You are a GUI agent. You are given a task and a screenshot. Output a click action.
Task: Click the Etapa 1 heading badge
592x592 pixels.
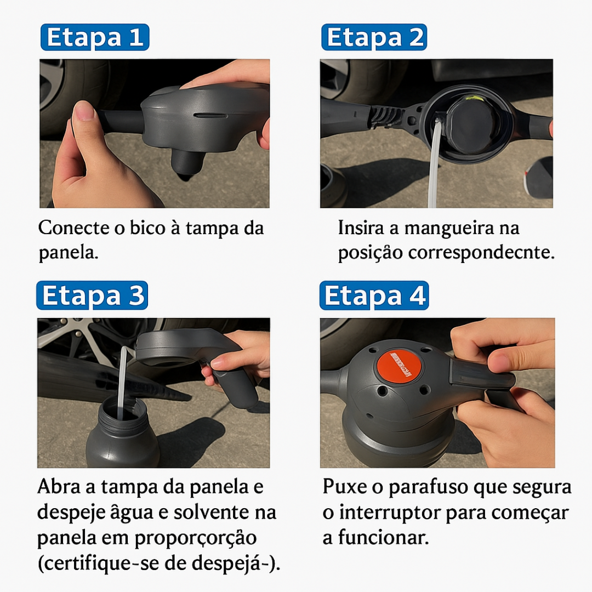pyautogui.click(x=94, y=37)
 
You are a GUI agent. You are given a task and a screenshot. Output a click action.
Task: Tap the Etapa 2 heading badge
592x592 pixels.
pyautogui.click(x=374, y=37)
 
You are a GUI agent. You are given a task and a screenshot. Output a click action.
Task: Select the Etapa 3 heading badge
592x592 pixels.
pyautogui.click(x=92, y=295)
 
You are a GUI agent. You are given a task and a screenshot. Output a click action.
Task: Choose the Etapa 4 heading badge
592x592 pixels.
pyautogui.click(x=374, y=295)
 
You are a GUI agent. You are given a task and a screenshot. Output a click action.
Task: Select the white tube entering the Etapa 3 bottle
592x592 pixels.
pyautogui.click(x=121, y=378)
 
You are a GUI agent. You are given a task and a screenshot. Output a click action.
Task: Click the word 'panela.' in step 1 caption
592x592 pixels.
pyautogui.click(x=69, y=253)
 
